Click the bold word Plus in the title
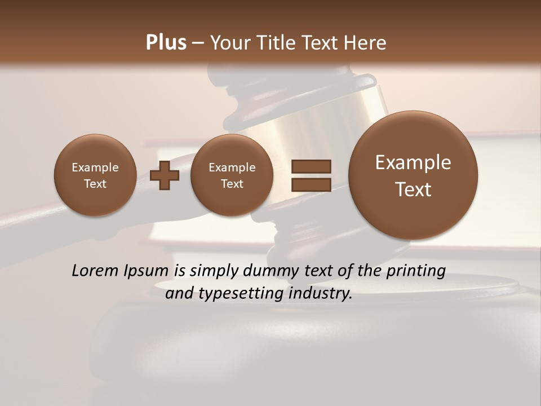[x=166, y=43]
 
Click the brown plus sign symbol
[x=165, y=176]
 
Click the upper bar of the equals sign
[x=311, y=166]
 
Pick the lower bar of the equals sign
[x=311, y=184]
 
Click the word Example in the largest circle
[x=413, y=162]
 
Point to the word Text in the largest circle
[x=413, y=189]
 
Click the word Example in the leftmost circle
[x=95, y=167]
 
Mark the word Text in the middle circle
[x=232, y=184]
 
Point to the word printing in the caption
[x=415, y=271]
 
